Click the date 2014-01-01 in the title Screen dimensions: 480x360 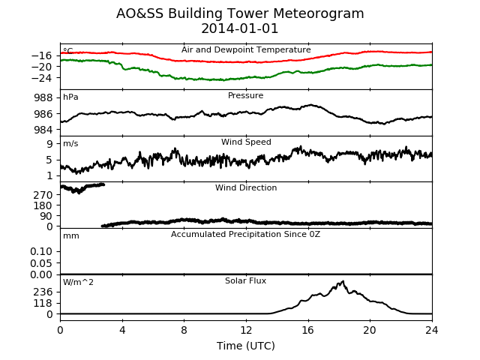click(240, 28)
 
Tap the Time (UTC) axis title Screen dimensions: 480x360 click(246, 346)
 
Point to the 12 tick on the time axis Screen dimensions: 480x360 click(246, 330)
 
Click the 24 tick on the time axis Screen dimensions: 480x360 click(432, 330)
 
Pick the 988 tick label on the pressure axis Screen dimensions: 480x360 click(43, 98)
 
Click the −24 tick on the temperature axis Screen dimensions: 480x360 click(42, 78)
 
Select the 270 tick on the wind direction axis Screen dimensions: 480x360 click(43, 195)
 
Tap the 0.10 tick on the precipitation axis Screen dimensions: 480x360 click(41, 252)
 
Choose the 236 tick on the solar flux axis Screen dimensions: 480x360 click(43, 292)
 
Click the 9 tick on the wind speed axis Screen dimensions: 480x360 click(49, 144)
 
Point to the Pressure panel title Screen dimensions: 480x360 click(245, 95)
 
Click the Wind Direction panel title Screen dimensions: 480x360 click(246, 187)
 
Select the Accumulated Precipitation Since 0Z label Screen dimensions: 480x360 click(245, 235)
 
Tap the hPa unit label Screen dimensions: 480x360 click(70, 97)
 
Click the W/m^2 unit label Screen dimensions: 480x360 click(78, 282)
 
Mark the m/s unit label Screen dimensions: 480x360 click(70, 143)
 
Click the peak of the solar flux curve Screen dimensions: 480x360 click(343, 281)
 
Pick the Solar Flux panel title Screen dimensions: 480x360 click(245, 280)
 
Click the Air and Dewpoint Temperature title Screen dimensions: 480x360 click(246, 50)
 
